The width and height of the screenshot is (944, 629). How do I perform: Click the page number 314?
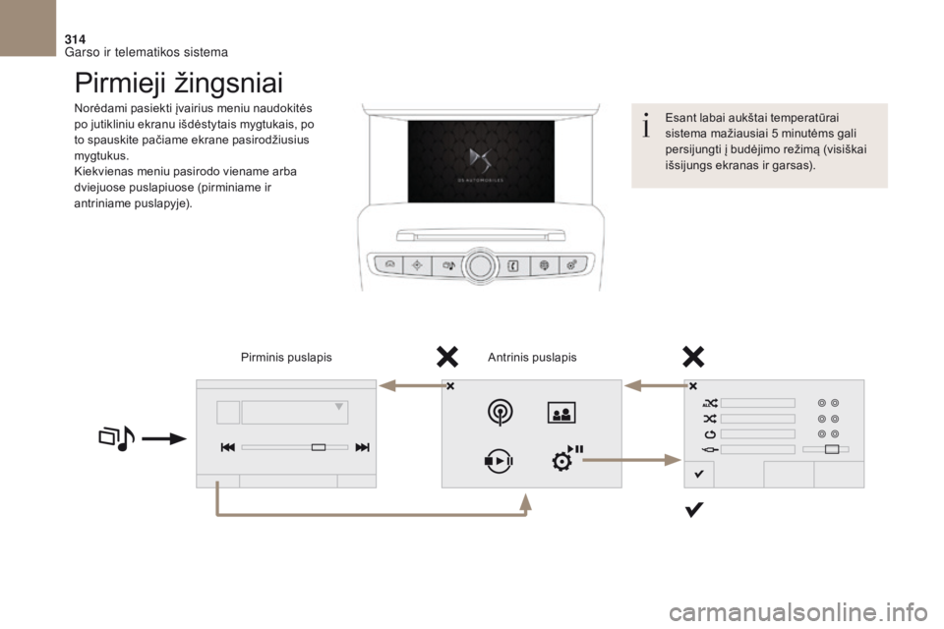pos(75,39)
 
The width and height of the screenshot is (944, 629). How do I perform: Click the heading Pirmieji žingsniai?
pos(179,84)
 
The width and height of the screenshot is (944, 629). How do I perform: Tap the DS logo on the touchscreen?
pos(481,161)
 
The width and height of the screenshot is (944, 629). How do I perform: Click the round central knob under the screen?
pos(480,266)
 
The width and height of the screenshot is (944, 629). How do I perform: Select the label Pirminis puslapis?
pos(286,358)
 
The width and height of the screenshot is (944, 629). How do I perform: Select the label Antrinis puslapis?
pos(532,358)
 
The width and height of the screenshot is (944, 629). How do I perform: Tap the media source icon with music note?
pos(117,438)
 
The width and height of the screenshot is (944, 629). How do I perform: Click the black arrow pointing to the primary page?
pos(164,439)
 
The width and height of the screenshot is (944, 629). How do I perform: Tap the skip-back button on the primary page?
pos(227,447)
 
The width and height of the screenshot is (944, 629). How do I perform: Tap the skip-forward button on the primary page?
pos(363,447)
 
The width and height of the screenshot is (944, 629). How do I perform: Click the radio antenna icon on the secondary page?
pos(501,413)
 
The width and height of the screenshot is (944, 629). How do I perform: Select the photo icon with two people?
pos(561,413)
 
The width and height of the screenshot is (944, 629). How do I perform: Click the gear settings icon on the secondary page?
pos(560,462)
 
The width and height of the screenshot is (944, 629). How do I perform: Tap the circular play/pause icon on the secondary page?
pos(499,461)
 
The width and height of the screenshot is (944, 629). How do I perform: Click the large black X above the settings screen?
pos(693,357)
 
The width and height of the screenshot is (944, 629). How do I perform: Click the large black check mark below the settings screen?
pos(693,510)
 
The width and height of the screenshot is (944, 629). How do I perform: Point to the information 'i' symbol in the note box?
pos(646,125)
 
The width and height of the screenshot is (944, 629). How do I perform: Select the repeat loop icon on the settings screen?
pos(710,434)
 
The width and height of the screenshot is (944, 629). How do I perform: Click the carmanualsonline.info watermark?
pos(798,612)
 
